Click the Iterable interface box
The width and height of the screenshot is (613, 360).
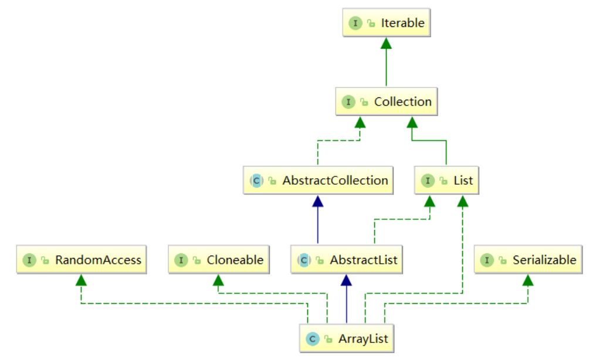coord(387,23)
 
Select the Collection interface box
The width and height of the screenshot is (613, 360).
coord(387,102)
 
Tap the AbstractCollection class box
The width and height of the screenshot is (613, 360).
coord(318,181)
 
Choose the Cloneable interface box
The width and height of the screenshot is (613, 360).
coord(219,260)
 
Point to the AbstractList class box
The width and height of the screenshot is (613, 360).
coord(347,260)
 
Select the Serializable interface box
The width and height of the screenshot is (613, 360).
coord(529,260)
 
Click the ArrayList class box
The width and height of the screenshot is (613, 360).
coord(347,338)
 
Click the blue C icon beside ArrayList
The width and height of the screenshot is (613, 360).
coord(312,338)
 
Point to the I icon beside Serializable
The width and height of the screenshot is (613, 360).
coord(487,260)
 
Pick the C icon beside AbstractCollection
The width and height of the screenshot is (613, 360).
coord(256,181)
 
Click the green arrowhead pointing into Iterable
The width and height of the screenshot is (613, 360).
coord(387,43)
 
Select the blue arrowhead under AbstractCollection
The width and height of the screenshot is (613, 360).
coord(318,201)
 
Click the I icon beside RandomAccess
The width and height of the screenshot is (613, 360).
coord(29,260)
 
